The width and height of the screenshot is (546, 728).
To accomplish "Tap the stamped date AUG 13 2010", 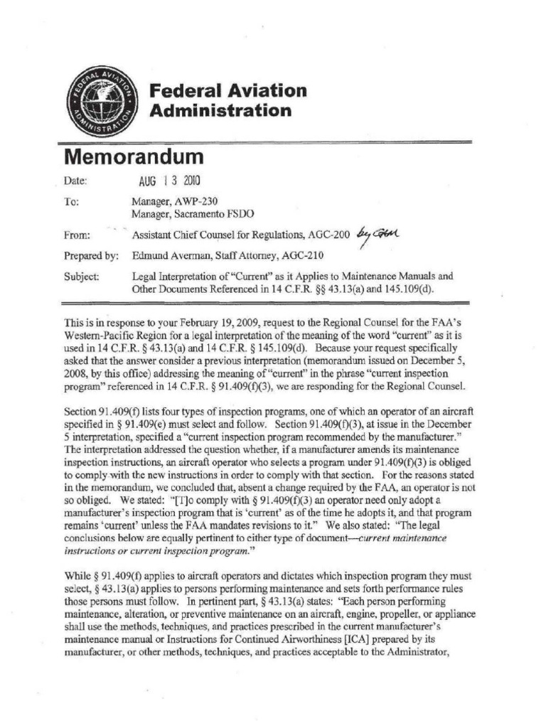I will (161, 181).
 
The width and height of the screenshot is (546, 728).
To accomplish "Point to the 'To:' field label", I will (71, 202).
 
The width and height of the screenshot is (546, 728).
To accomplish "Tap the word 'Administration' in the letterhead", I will (220, 111).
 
